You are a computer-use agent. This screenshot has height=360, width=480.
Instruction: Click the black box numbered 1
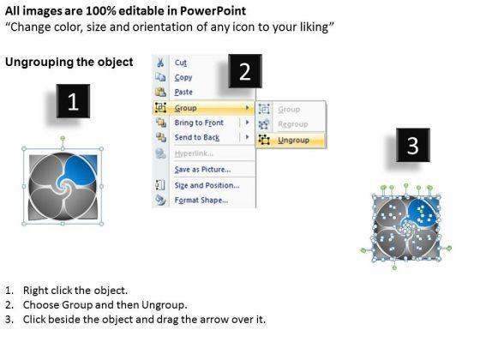pyautogui.click(x=73, y=101)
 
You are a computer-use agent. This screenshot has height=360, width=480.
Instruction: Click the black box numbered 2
pyautogui.click(x=245, y=71)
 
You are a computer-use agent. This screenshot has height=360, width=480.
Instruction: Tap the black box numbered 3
pyautogui.click(x=413, y=145)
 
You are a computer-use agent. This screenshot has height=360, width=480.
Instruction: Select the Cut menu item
pyautogui.click(x=181, y=63)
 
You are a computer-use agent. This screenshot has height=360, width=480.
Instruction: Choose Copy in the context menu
pyautogui.click(x=183, y=78)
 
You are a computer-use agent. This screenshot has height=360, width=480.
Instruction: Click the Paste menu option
pyautogui.click(x=183, y=93)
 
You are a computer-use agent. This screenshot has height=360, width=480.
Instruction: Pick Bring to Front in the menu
pyautogui.click(x=199, y=123)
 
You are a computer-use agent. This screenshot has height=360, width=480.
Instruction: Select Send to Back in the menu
pyautogui.click(x=197, y=137)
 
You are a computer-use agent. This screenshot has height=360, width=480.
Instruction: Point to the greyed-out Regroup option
pyautogui.click(x=293, y=124)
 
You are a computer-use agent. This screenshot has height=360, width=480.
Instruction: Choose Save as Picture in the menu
pyautogui.click(x=202, y=170)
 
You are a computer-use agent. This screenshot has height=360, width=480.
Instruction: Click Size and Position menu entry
pyautogui.click(x=207, y=185)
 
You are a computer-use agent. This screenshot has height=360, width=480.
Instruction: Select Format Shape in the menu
pyautogui.click(x=201, y=201)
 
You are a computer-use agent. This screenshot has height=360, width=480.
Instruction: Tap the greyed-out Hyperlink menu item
pyautogui.click(x=194, y=153)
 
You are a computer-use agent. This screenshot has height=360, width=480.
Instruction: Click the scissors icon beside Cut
pyautogui.click(x=160, y=63)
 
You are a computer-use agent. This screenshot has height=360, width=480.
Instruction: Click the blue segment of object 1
pyautogui.click(x=81, y=171)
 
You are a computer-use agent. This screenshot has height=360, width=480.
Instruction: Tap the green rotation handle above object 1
pyautogui.click(x=63, y=139)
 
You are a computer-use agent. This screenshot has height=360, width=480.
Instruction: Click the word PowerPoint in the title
pyautogui.click(x=213, y=11)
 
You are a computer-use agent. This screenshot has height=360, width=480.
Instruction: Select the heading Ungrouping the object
pyautogui.click(x=69, y=62)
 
